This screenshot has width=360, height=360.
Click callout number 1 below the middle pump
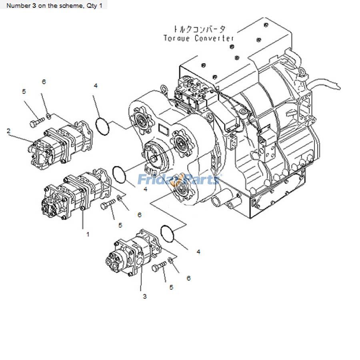pos(88,234)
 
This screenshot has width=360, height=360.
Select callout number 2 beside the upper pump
pos(8,130)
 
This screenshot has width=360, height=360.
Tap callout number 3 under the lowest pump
pos(144,296)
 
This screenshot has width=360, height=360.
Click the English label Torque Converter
pos(199,38)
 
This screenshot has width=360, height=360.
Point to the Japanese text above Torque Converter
pos(199,29)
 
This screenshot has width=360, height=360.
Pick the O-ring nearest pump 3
pos(168,234)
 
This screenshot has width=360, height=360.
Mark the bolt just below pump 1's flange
pos(108,206)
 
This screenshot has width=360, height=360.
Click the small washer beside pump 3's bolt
pos(171,261)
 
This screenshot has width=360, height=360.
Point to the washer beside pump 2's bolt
pos(48,116)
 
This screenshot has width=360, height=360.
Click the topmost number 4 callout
pos(96,86)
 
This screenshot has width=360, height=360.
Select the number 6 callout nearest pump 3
pos(188,278)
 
